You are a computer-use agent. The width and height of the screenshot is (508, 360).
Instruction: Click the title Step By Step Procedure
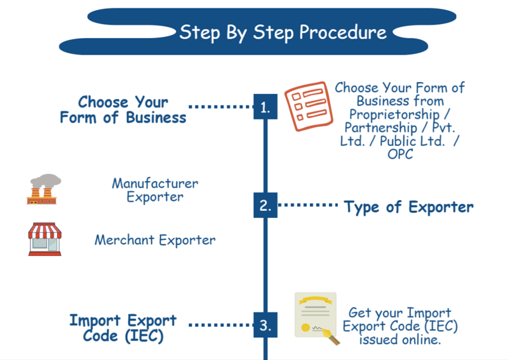click(283, 32)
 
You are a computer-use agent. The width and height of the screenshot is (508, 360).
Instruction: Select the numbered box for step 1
click(265, 107)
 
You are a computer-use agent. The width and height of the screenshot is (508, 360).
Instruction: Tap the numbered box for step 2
click(265, 206)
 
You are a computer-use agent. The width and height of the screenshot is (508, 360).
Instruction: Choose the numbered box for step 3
click(265, 326)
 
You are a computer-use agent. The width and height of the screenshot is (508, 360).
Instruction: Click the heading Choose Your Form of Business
click(123, 110)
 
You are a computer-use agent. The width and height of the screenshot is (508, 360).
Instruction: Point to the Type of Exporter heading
click(409, 207)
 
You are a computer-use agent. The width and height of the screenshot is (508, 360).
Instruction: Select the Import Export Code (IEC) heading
click(123, 328)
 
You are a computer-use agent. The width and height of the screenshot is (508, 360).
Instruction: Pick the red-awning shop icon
click(44, 239)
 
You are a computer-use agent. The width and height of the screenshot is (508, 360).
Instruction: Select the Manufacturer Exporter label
click(155, 190)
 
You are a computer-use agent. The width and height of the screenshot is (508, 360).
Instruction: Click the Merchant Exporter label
click(155, 240)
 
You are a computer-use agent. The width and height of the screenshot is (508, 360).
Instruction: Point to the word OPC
click(400, 154)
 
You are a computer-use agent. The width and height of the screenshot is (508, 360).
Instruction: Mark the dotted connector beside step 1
click(220, 107)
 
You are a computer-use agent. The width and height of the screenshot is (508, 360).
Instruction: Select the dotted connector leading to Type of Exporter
click(308, 205)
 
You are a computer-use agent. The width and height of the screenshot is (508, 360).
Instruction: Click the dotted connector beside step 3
click(220, 325)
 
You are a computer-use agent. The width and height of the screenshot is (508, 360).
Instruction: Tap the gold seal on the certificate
click(306, 328)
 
